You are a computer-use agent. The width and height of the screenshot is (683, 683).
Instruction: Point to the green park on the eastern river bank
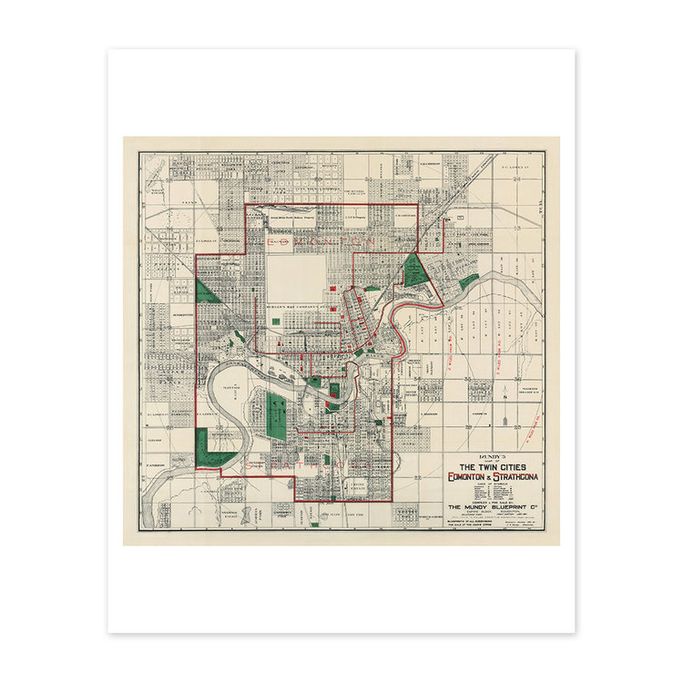tap(469, 281)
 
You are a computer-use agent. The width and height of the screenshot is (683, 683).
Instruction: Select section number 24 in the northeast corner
tap(517, 177)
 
